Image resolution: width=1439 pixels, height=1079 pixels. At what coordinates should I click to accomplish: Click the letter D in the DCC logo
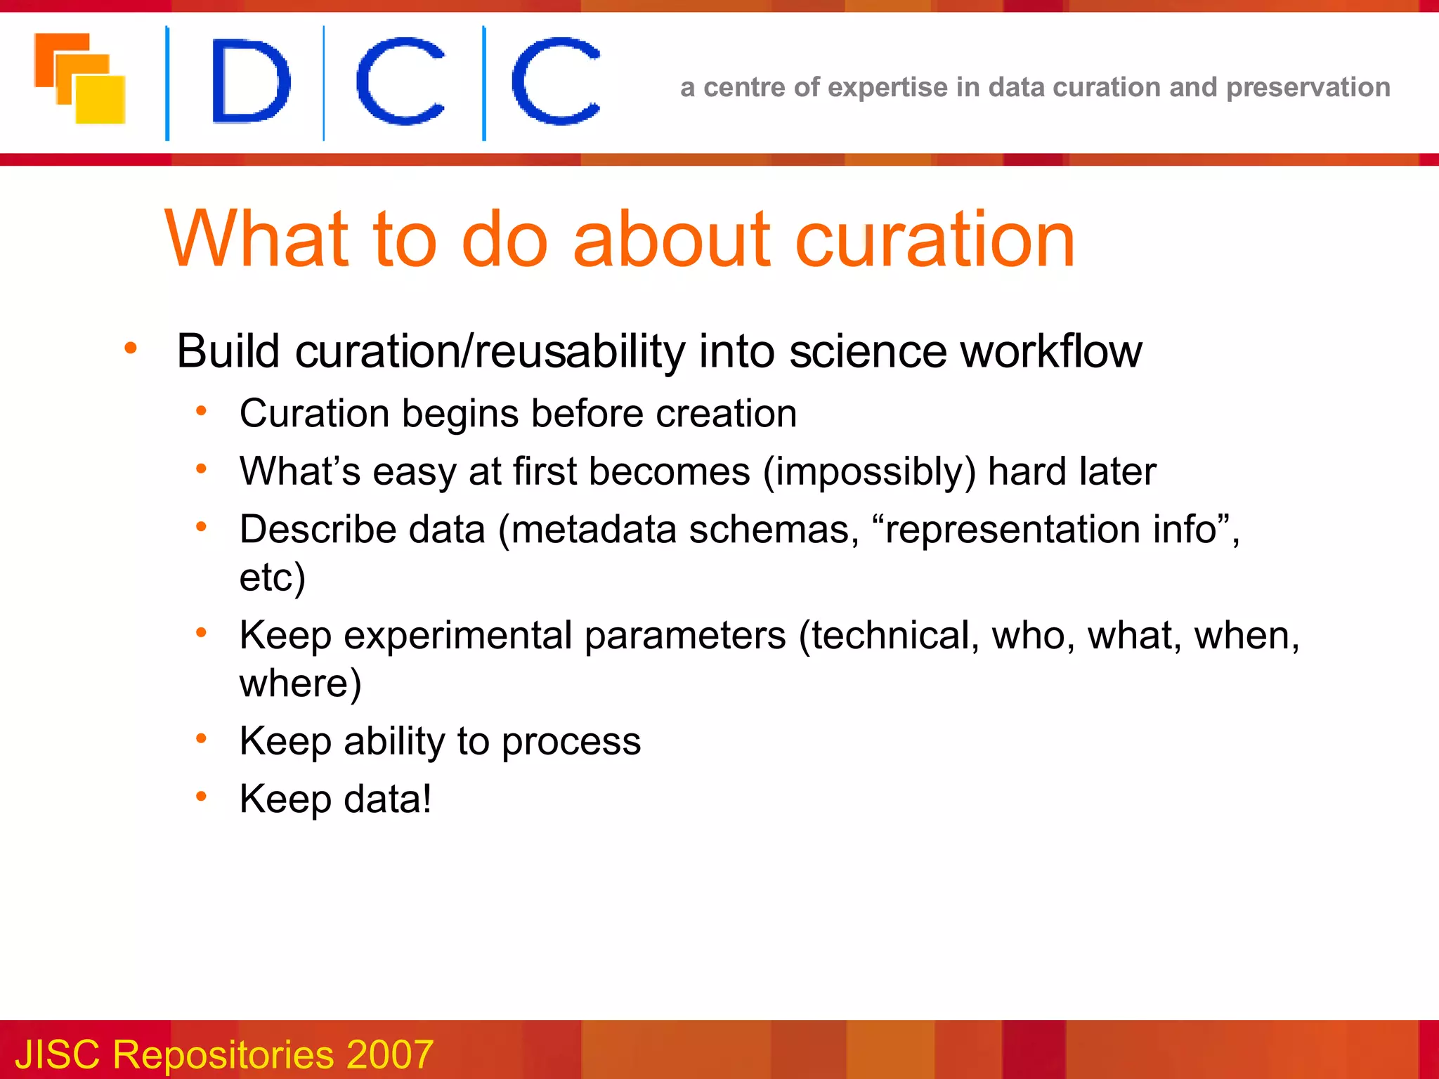(x=250, y=81)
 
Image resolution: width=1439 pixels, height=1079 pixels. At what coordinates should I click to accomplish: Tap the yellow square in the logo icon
(x=100, y=100)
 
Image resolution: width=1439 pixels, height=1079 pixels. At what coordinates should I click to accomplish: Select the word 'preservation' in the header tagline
(x=1308, y=88)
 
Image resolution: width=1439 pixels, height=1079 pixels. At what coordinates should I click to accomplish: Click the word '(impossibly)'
(x=869, y=471)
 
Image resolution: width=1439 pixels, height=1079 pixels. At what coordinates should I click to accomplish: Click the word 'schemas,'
(x=774, y=529)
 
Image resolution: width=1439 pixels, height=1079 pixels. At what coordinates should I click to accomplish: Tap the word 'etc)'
(x=273, y=577)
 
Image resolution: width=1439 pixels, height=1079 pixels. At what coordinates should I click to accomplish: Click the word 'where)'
(x=300, y=683)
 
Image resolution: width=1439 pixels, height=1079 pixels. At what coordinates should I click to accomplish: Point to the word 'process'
(x=571, y=741)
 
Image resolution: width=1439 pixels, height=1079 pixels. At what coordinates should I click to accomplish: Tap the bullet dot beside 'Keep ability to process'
(x=202, y=738)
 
